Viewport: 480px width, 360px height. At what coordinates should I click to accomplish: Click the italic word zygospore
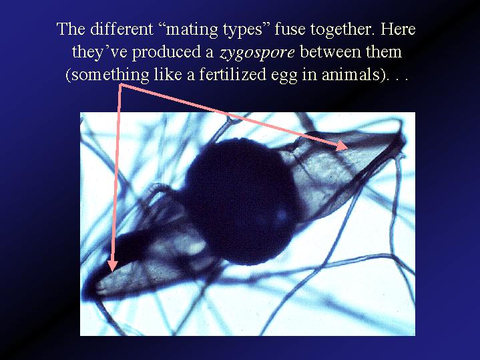[x=257, y=53]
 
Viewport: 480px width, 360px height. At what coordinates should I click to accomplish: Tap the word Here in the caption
[x=398, y=29]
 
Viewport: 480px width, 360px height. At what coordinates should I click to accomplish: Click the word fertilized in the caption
[x=232, y=74]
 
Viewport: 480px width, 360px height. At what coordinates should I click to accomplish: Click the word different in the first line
[x=121, y=29]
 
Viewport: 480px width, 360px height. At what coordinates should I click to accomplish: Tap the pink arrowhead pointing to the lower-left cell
[x=113, y=266]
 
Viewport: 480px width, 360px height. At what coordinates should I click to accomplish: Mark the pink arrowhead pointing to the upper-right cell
[x=342, y=146]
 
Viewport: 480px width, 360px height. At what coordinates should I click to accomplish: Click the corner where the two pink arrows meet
[x=120, y=85]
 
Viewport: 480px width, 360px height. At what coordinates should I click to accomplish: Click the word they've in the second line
[x=99, y=53]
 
